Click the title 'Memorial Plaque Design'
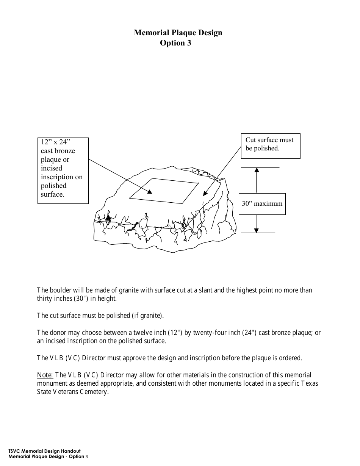[178, 33]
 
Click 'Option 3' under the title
[175, 43]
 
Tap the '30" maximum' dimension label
[262, 203]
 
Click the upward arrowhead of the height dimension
[257, 170]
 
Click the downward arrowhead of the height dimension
[257, 230]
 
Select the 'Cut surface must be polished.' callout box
[271, 145]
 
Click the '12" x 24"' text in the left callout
[55, 142]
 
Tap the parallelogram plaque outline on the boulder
[164, 188]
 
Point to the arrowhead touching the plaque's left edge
[149, 192]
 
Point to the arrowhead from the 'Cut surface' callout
[205, 193]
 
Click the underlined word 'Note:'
[45, 375]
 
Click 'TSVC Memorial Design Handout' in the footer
[44, 452]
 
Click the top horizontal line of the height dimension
[260, 167]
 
